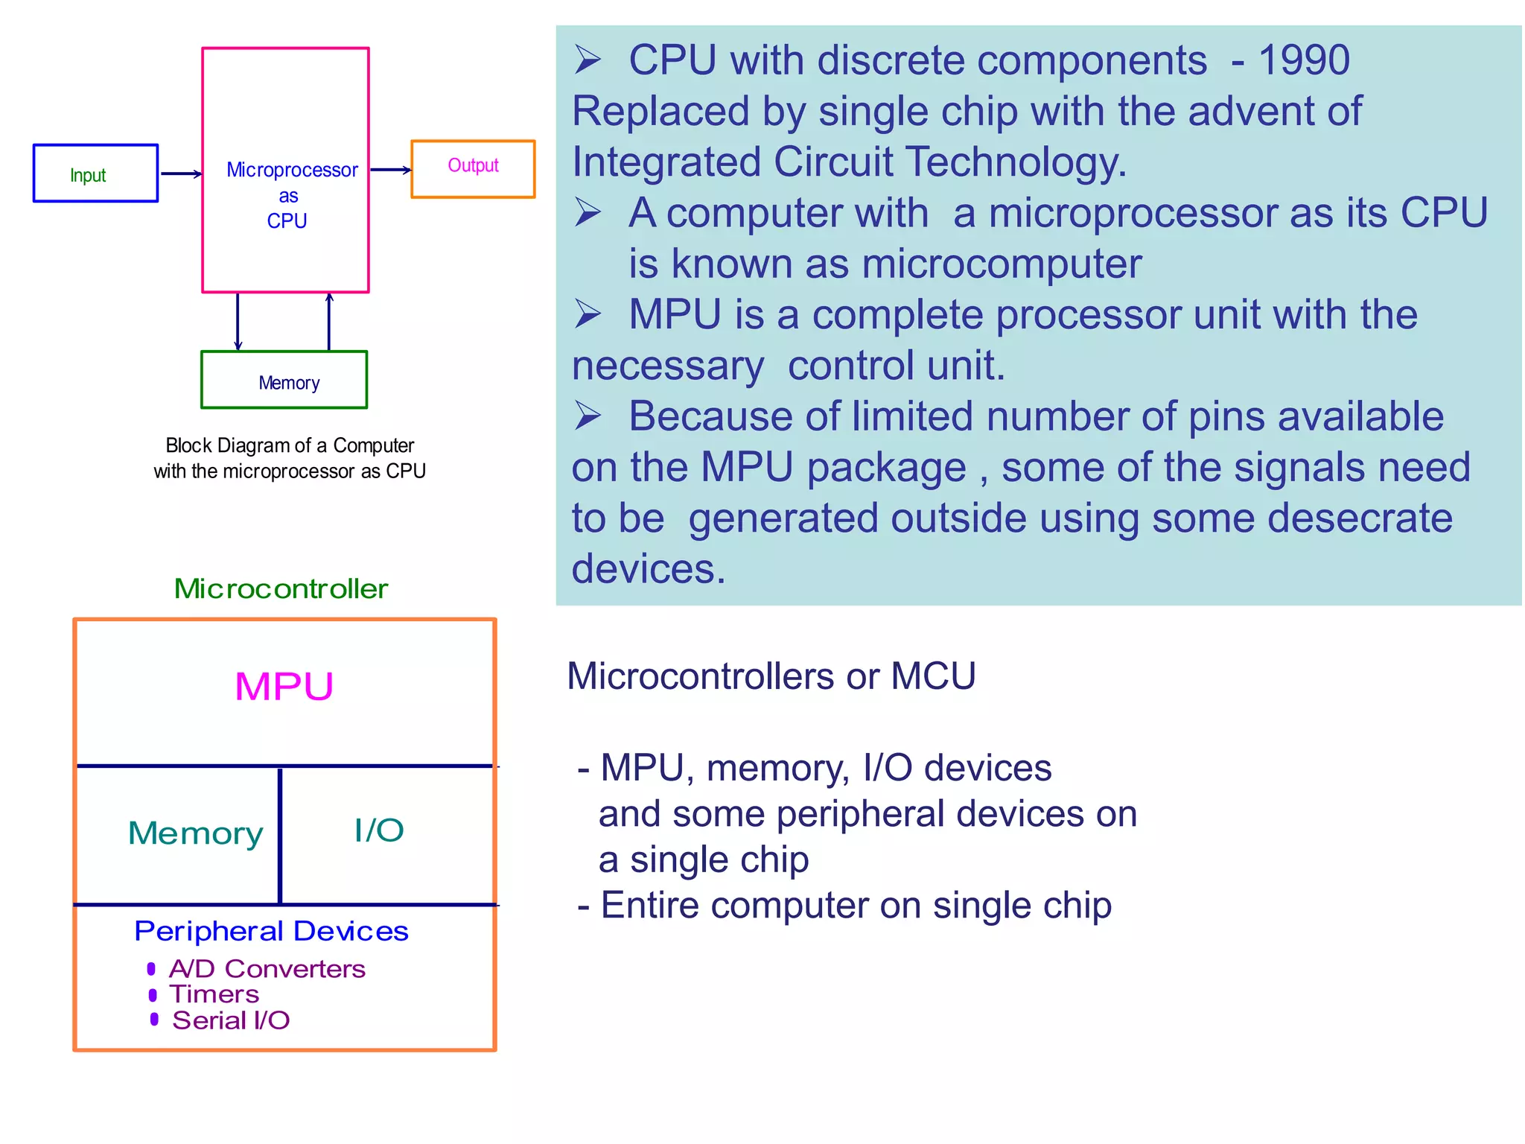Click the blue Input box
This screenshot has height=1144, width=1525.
(95, 173)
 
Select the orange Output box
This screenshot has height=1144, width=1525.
(473, 169)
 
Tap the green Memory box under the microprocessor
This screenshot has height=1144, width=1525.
(284, 380)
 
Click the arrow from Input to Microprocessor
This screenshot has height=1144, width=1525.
(181, 174)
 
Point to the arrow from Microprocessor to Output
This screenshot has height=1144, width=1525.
(390, 170)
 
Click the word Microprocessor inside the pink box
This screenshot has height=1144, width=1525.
(292, 170)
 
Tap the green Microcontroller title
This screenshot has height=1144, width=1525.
(281, 588)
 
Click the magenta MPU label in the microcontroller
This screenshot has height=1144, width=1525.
(284, 686)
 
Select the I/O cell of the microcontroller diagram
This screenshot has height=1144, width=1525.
(379, 830)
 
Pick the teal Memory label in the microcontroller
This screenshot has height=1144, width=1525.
(195, 833)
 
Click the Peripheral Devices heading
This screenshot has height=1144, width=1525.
(271, 931)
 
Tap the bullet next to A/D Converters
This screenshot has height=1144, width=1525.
(151, 968)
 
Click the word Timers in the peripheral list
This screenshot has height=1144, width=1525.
(214, 994)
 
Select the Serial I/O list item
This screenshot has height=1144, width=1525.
(231, 1020)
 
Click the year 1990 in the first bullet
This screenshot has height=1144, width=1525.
(1303, 60)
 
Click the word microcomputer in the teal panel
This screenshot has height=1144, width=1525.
(1002, 264)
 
